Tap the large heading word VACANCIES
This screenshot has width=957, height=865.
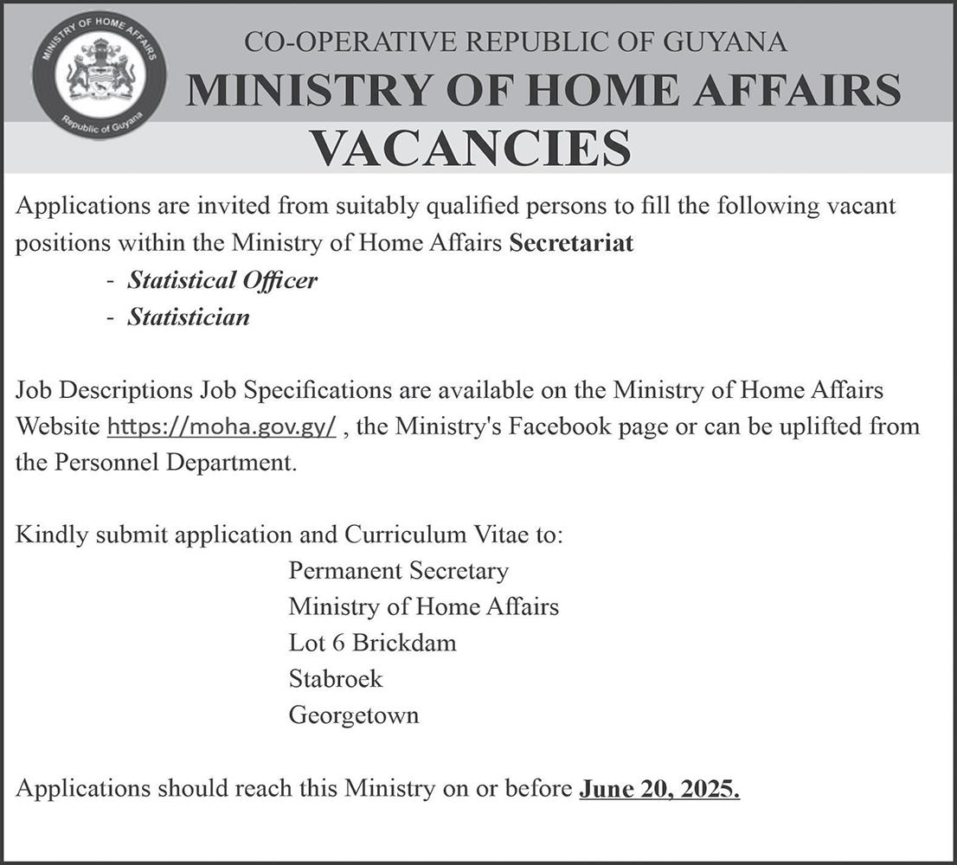471,148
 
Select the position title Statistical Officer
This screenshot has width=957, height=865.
222,280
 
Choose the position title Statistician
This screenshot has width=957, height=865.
189,317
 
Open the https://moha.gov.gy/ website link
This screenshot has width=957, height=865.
221,427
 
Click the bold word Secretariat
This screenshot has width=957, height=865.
571,244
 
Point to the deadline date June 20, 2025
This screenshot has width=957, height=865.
659,789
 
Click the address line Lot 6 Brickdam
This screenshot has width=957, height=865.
372,643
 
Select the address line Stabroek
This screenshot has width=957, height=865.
336,679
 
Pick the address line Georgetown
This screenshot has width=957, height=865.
354,715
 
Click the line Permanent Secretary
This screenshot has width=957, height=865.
398,571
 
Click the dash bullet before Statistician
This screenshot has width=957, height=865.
110,318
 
